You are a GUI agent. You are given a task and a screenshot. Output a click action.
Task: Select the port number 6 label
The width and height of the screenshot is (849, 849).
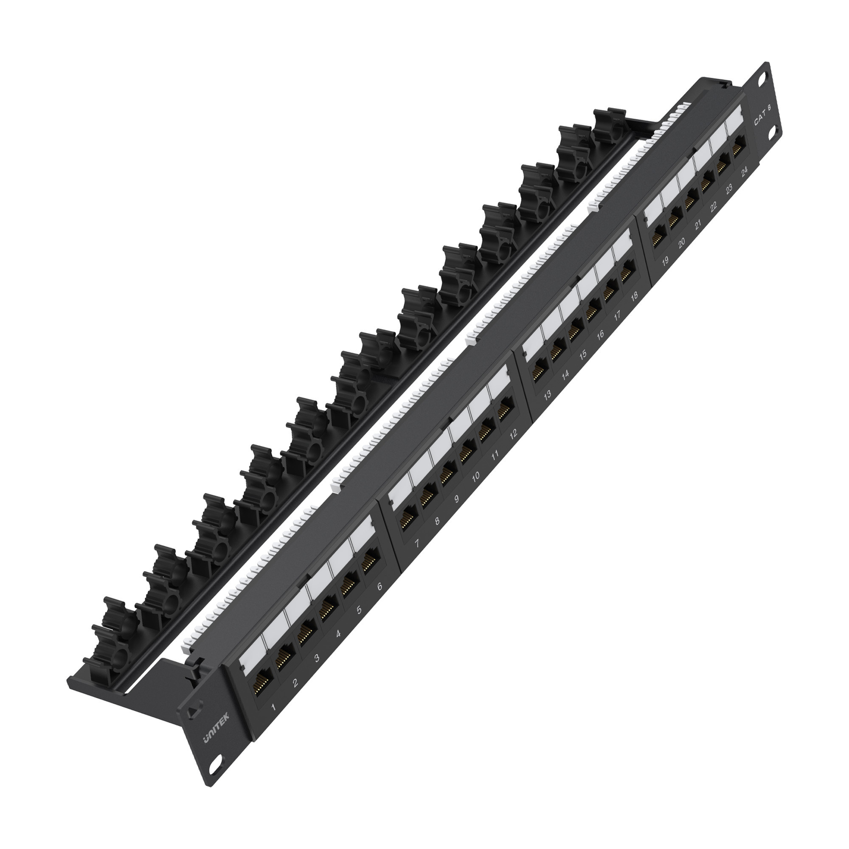(379, 586)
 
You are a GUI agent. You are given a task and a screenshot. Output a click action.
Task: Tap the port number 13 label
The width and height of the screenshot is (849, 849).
(547, 395)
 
